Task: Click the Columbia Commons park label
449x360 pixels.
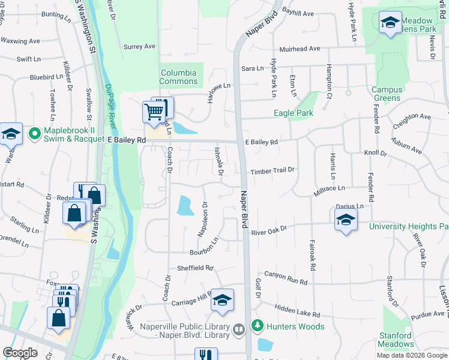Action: pos(178,77)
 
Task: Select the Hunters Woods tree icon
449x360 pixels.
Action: pos(257,326)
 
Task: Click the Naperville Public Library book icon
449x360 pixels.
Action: pos(238,329)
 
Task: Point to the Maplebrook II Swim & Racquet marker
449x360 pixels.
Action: pos(34,132)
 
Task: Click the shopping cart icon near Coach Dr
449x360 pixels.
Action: pos(154,112)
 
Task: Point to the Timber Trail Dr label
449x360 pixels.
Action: pos(273,170)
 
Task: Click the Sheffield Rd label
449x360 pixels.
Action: pos(195,268)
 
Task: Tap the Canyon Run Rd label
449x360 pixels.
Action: pos(286,278)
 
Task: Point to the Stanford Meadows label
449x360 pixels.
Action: pos(396,340)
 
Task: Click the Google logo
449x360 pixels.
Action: pos(20,353)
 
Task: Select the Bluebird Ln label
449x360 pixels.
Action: pos(46,77)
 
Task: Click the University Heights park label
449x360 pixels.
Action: pos(408,226)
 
